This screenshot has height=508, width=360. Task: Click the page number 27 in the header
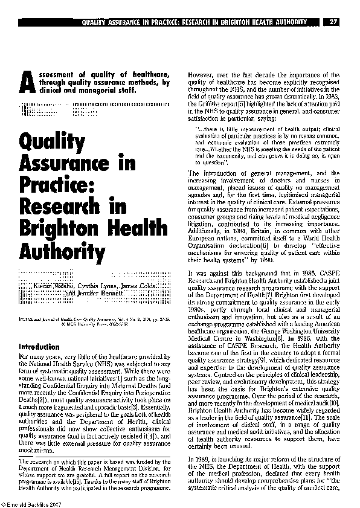click(333, 22)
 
